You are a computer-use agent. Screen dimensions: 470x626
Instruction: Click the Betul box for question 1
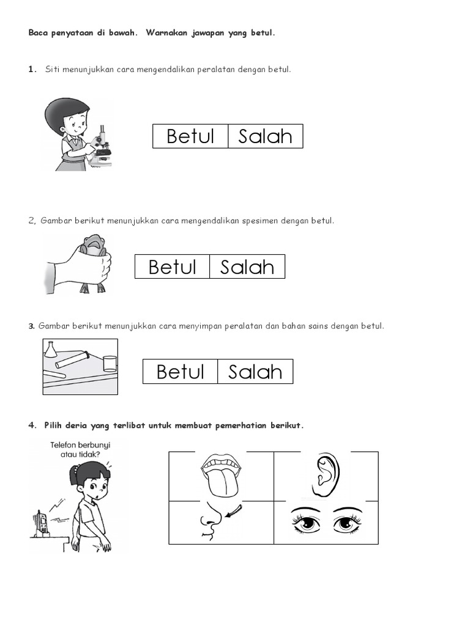(x=190, y=136)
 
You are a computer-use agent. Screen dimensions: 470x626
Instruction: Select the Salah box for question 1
(x=266, y=136)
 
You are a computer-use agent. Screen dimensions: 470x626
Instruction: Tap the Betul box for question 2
(x=172, y=267)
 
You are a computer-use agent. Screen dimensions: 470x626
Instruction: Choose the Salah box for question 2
(x=247, y=267)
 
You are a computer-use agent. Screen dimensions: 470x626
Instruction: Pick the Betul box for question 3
(x=181, y=372)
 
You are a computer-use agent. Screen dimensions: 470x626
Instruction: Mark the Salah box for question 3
(x=255, y=372)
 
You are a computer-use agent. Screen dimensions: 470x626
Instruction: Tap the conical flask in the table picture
(x=50, y=349)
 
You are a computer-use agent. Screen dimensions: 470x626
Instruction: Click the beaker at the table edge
(x=110, y=364)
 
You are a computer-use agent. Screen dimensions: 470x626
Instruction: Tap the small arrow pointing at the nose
(x=234, y=511)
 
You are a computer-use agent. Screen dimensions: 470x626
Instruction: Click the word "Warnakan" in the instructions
(x=166, y=33)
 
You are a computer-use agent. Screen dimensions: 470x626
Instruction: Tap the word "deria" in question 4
(x=76, y=425)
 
